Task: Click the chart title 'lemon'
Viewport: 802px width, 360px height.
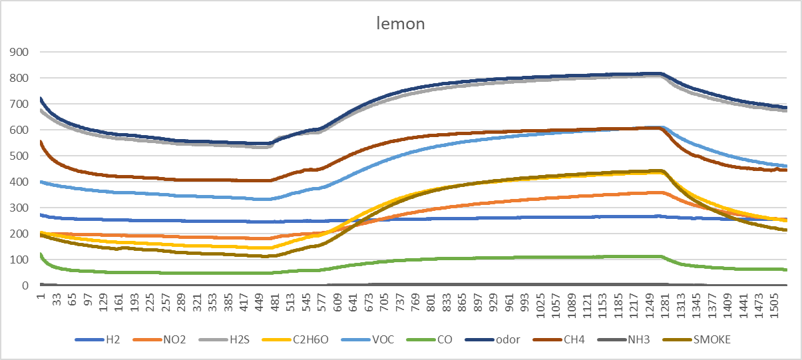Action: (x=401, y=23)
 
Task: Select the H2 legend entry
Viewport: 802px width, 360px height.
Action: (x=97, y=339)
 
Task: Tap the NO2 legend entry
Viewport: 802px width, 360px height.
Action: (x=159, y=339)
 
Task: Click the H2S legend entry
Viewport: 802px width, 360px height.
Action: (x=224, y=339)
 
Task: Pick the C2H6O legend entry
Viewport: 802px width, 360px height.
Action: (x=296, y=339)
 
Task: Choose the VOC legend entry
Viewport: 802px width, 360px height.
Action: (x=367, y=339)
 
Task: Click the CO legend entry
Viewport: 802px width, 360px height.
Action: (x=430, y=339)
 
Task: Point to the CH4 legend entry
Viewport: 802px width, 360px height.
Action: (x=559, y=339)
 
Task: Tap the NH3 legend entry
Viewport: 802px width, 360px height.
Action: (x=624, y=339)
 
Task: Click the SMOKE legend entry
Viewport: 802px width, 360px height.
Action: (x=697, y=339)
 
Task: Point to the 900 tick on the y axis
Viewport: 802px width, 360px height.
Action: (x=19, y=53)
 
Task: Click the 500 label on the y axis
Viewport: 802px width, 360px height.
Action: (x=19, y=156)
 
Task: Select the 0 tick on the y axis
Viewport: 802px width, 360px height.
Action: (x=25, y=285)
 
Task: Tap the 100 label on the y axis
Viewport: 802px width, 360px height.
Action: (x=19, y=260)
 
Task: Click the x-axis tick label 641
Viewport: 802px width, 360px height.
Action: (x=353, y=303)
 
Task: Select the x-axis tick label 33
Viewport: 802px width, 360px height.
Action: (x=57, y=299)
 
